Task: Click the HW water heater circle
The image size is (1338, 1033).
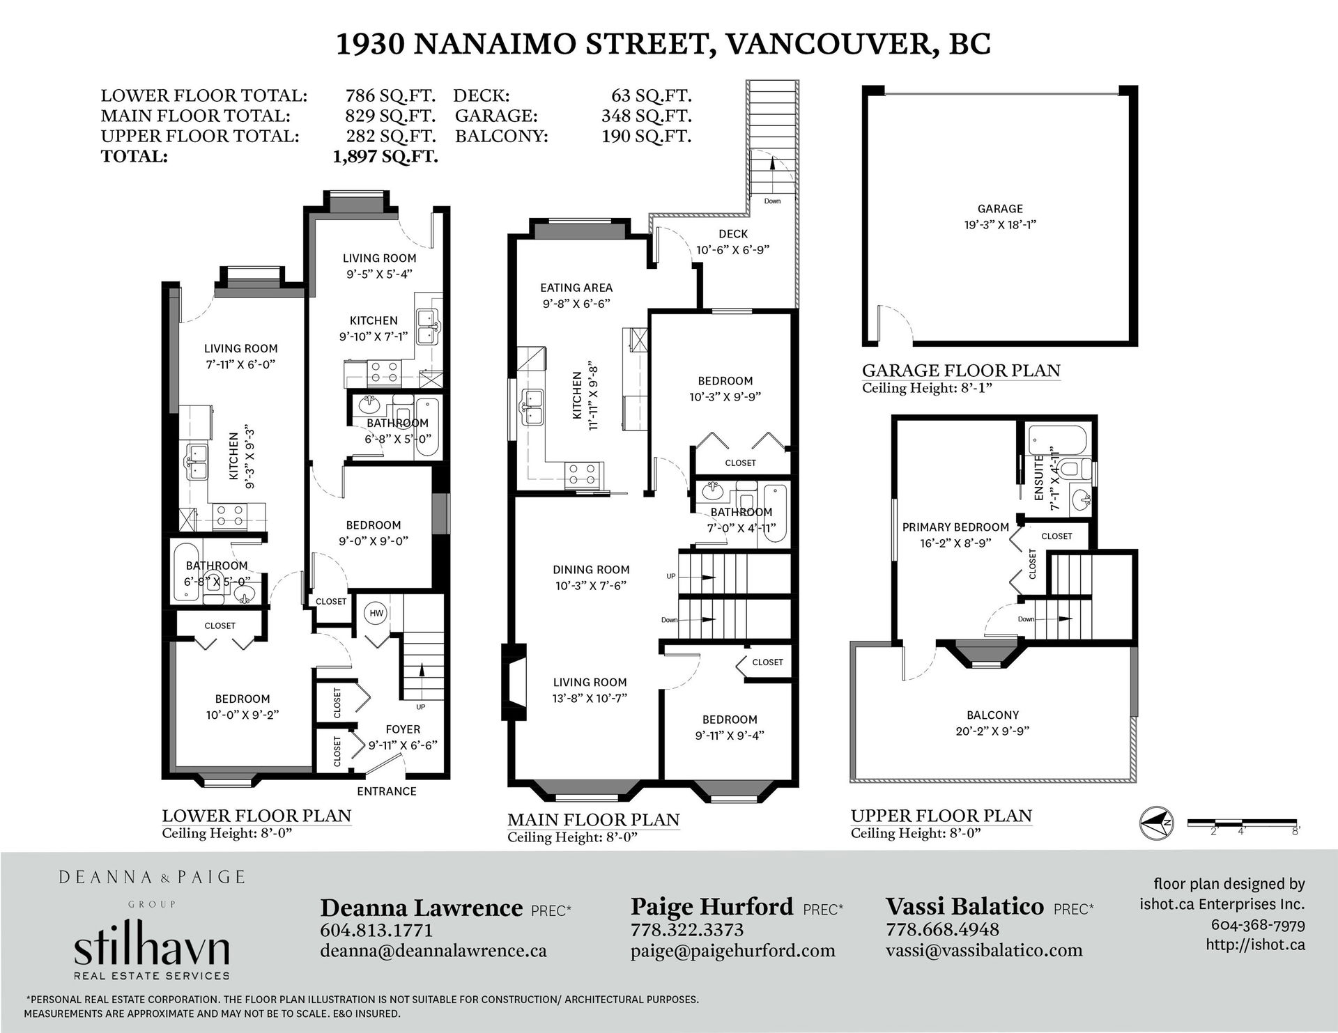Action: coord(376,613)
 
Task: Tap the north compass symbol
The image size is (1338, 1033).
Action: coord(1156,823)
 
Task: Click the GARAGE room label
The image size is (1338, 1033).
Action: coord(1000,208)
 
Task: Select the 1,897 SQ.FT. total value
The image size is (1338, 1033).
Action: coord(385,156)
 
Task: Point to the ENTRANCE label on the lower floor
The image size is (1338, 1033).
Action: coord(387,791)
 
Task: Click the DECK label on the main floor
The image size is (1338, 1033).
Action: coord(733,234)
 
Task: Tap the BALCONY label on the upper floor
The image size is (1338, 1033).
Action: coord(992,715)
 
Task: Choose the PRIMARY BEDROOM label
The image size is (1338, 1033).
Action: coord(955,527)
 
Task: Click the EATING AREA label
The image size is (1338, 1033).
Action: coord(576,287)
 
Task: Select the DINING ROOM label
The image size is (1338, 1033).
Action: coord(591,569)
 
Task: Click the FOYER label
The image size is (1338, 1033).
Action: coord(403,729)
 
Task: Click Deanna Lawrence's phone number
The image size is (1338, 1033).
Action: coord(376,931)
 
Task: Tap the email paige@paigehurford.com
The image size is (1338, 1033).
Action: coord(732,951)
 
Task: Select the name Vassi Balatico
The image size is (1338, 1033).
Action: coord(964,906)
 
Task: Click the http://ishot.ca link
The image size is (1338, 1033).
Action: coord(1255,945)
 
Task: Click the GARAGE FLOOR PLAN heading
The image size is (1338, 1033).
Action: coord(961,371)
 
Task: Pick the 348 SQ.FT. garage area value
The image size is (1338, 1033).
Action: coord(646,116)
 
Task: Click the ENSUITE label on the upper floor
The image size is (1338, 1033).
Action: coord(1039,477)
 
